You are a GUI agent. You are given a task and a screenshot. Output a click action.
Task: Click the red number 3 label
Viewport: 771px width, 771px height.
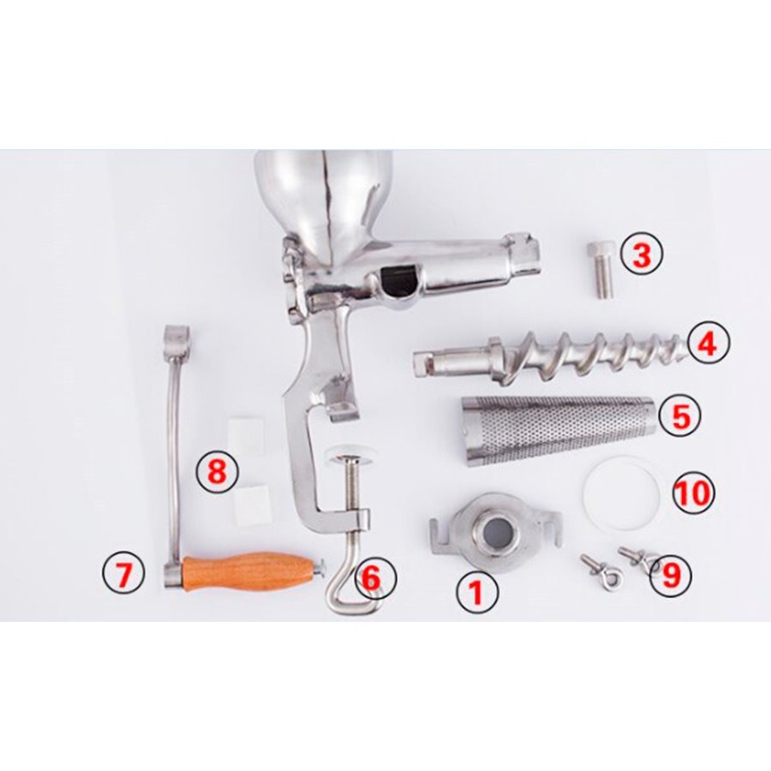click(642, 255)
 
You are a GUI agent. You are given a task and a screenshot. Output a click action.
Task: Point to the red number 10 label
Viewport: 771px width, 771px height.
click(692, 493)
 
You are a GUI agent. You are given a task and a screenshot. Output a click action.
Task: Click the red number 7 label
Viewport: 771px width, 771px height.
click(123, 574)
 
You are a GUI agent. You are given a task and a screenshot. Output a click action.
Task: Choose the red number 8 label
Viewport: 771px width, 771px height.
click(217, 470)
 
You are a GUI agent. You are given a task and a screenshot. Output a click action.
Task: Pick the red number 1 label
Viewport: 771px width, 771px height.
click(476, 592)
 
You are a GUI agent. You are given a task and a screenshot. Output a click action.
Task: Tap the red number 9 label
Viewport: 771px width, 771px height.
click(670, 575)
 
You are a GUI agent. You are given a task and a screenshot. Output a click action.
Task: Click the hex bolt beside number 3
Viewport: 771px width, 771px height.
click(601, 269)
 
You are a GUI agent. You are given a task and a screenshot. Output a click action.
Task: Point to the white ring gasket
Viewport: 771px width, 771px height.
click(620, 493)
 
